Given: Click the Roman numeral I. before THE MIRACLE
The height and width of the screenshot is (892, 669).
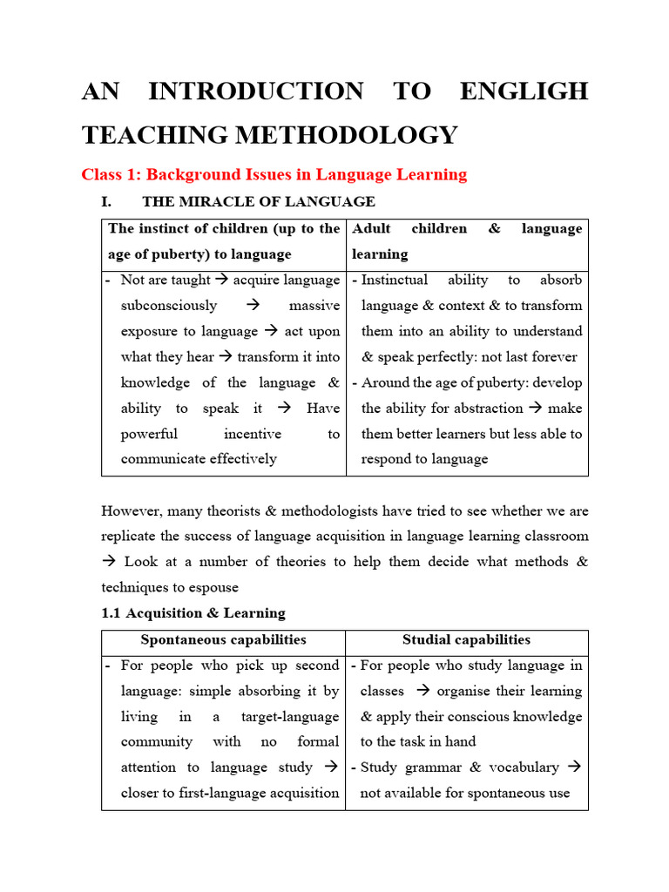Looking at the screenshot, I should pyautogui.click(x=107, y=202).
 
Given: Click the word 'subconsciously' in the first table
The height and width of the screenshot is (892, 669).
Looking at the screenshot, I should pyautogui.click(x=169, y=306).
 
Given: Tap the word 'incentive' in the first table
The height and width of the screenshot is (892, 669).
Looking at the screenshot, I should pyautogui.click(x=253, y=434).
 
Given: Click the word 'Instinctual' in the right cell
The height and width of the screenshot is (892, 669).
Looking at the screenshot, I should pyautogui.click(x=395, y=280).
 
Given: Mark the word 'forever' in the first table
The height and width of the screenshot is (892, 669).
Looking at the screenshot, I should pyautogui.click(x=553, y=357).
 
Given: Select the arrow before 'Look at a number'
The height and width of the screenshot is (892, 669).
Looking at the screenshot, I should pyautogui.click(x=109, y=562).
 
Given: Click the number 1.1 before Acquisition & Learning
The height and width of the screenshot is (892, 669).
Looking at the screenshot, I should pyautogui.click(x=111, y=613).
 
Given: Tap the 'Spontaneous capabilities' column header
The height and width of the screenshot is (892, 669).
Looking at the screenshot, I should pyautogui.click(x=224, y=640).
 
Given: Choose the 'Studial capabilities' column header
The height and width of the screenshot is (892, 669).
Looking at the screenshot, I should pyautogui.click(x=466, y=640).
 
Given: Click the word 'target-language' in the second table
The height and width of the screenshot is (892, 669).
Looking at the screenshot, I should pyautogui.click(x=292, y=717).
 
